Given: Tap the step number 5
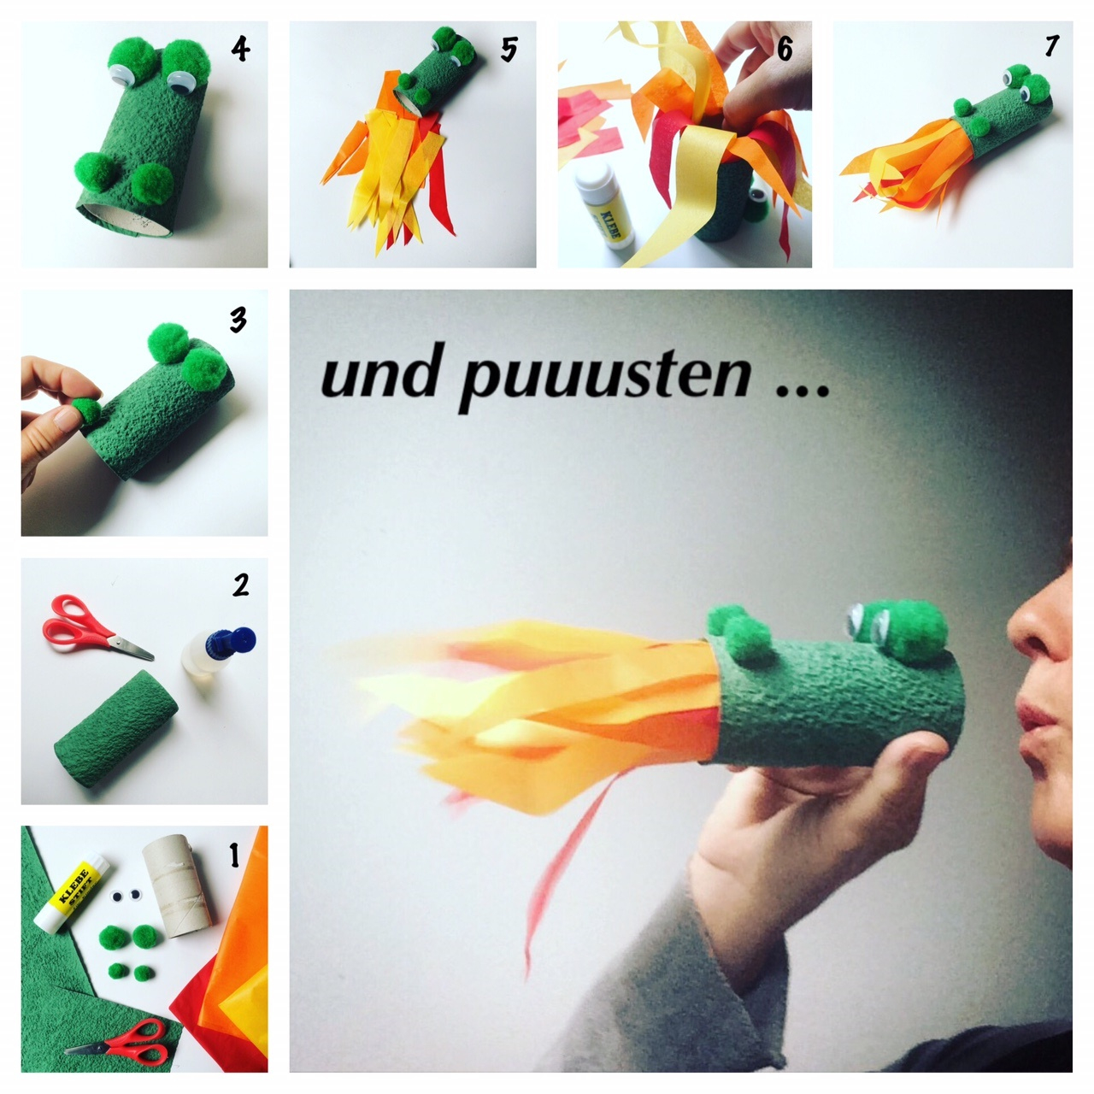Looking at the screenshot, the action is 509,50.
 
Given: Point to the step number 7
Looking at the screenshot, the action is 1051,46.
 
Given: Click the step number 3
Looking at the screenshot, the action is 238,320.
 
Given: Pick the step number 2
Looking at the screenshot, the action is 241,585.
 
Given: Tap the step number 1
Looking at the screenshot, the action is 234,855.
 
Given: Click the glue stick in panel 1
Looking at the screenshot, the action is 71,892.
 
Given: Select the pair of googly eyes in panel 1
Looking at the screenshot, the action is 126,897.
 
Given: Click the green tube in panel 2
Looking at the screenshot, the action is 115,728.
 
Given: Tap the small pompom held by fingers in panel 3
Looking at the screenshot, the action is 87,410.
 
